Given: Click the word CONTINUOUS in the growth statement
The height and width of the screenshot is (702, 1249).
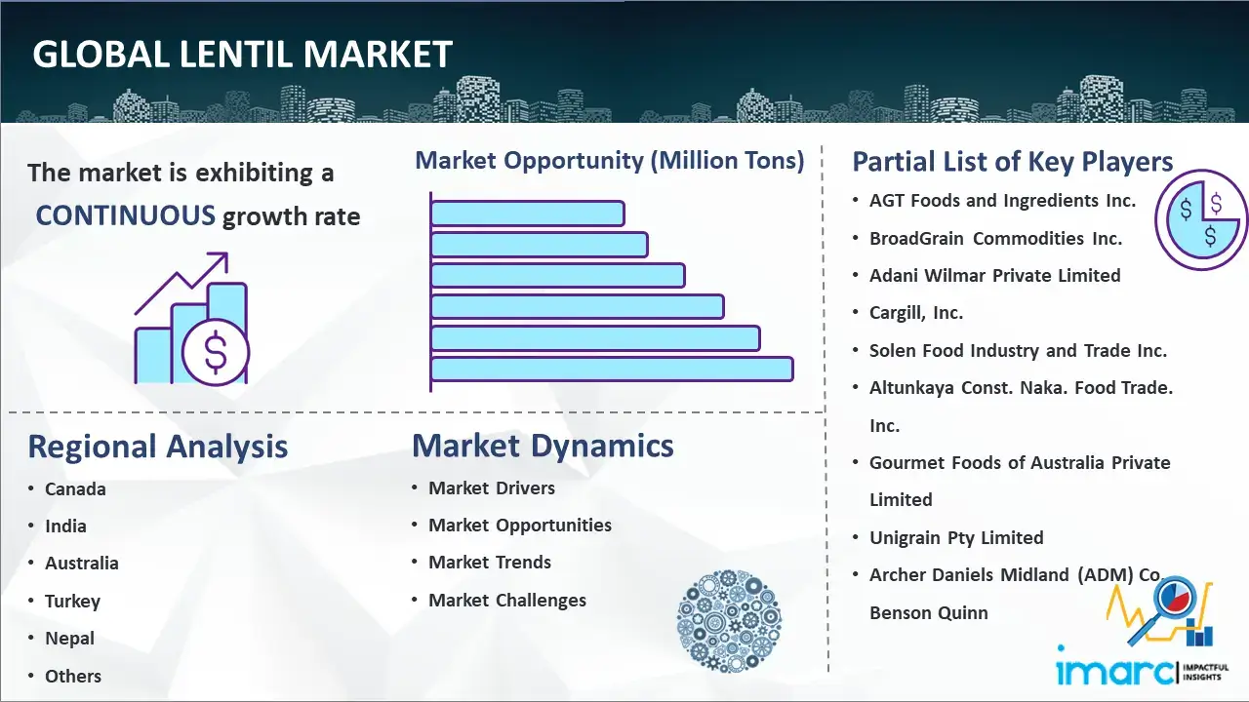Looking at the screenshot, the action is [x=125, y=215].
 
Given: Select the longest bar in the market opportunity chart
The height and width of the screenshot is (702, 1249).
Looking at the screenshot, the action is [x=612, y=370].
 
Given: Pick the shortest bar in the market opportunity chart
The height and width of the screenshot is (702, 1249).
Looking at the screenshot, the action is [x=528, y=214].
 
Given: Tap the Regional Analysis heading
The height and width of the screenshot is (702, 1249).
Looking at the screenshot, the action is [x=158, y=448].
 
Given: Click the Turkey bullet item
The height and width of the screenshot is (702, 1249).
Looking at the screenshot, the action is [x=72, y=602].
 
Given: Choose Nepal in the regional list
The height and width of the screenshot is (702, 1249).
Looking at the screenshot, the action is [x=69, y=639].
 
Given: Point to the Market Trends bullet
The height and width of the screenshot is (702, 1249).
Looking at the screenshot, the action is [x=490, y=563].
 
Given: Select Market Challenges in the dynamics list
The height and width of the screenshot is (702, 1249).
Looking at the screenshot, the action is [x=507, y=600].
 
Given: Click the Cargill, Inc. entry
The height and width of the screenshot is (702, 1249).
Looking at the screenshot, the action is [x=916, y=313].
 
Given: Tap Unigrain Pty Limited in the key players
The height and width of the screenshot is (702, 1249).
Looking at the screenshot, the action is [x=956, y=537].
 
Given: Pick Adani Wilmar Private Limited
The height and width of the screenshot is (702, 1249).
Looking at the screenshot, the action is [x=994, y=275].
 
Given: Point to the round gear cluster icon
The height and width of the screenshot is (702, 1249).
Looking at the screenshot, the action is [x=729, y=620].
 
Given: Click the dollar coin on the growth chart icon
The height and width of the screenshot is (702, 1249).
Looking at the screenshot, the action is [x=216, y=352].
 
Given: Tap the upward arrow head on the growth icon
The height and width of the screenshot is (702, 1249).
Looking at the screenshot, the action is [x=221, y=259].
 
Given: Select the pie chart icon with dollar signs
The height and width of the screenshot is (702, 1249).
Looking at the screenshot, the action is [x=1200, y=220].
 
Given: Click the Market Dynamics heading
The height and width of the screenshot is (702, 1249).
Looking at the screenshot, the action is [x=543, y=447].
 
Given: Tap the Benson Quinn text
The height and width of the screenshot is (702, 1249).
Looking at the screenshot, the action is [x=928, y=613].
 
